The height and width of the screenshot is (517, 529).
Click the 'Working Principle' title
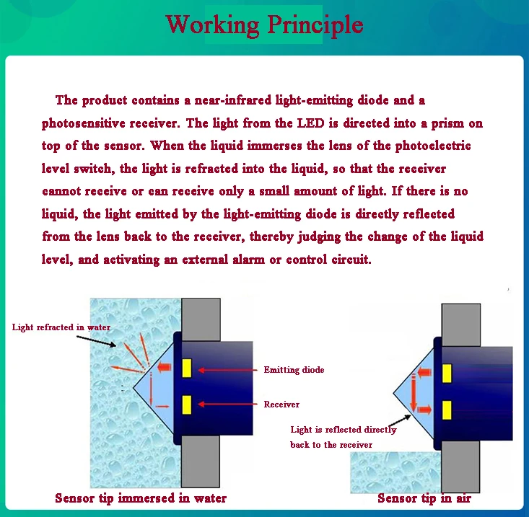(264, 24)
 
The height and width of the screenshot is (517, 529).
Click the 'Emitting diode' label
(294, 370)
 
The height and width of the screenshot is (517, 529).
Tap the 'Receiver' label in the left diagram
(281, 405)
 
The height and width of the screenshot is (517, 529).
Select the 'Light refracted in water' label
(61, 327)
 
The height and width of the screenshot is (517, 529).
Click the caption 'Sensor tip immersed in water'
(141, 498)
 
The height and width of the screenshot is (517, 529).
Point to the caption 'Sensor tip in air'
(424, 498)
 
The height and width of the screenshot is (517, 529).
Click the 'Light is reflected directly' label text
(344, 430)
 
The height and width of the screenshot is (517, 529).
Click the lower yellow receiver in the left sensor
(186, 405)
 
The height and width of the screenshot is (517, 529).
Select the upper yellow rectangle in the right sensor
(447, 374)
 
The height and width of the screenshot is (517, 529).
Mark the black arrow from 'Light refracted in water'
(101, 341)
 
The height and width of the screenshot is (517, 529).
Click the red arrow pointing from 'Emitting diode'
(227, 370)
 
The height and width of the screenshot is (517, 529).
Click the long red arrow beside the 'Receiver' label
(227, 405)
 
